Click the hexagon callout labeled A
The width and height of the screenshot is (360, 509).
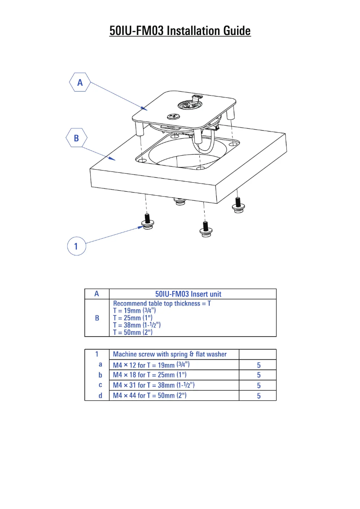point(80,83)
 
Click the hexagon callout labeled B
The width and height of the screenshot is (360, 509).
point(76,138)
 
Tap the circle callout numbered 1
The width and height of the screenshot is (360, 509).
point(76,246)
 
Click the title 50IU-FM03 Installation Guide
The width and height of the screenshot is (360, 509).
point(180,31)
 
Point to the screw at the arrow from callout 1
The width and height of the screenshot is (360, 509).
point(147,220)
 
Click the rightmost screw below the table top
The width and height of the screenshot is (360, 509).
point(238,204)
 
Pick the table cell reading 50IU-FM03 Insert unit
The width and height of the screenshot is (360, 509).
point(188,294)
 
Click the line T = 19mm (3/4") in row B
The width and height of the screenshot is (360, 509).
point(134,310)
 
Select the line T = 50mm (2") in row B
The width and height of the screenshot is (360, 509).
point(132,332)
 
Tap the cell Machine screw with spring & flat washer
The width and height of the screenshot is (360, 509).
point(170,354)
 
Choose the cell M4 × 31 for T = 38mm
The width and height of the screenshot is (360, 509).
point(154,385)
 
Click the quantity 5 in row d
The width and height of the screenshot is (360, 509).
point(259,396)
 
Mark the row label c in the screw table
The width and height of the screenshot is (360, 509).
point(100,385)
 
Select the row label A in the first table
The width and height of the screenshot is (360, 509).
point(97,294)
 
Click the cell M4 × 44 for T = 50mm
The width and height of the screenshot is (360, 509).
point(149,395)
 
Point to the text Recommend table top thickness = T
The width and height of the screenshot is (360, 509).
point(162,303)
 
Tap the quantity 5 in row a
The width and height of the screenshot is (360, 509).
point(259,365)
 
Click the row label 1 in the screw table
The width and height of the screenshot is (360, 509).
point(97,354)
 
